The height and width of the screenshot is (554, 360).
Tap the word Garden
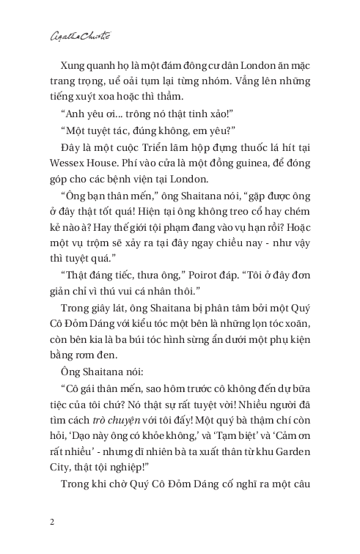pyautogui.click(x=296, y=446)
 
